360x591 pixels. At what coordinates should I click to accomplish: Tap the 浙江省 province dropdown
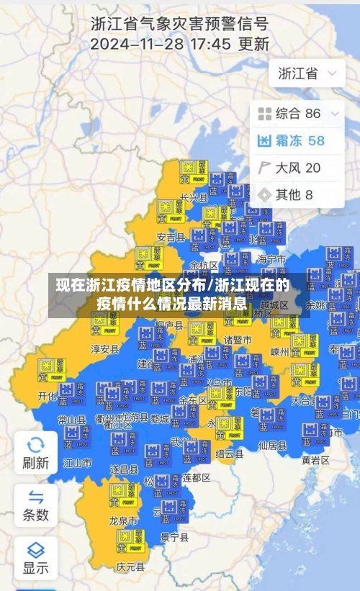[x=307, y=73]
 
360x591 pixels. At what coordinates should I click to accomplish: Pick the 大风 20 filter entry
[x=289, y=168]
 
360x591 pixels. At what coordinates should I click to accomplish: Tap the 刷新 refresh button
[x=35, y=452]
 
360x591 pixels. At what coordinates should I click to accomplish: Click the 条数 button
[x=35, y=505]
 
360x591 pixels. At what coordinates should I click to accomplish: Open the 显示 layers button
[x=35, y=557]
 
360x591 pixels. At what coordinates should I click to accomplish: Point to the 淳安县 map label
[x=104, y=349]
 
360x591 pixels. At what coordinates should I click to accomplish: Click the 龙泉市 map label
[x=123, y=519]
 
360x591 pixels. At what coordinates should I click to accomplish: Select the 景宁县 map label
[x=174, y=537]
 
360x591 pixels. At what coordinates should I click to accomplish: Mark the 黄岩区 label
[x=315, y=460]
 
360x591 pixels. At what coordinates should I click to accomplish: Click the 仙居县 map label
[x=272, y=445]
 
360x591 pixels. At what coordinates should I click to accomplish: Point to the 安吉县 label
[x=171, y=237]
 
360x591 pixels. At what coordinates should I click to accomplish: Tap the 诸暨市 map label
[x=237, y=339]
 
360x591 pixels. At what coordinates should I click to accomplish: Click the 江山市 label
[x=77, y=462]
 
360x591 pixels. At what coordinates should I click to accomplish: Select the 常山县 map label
[x=72, y=420]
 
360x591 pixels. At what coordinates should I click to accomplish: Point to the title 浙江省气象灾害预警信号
[x=179, y=22]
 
